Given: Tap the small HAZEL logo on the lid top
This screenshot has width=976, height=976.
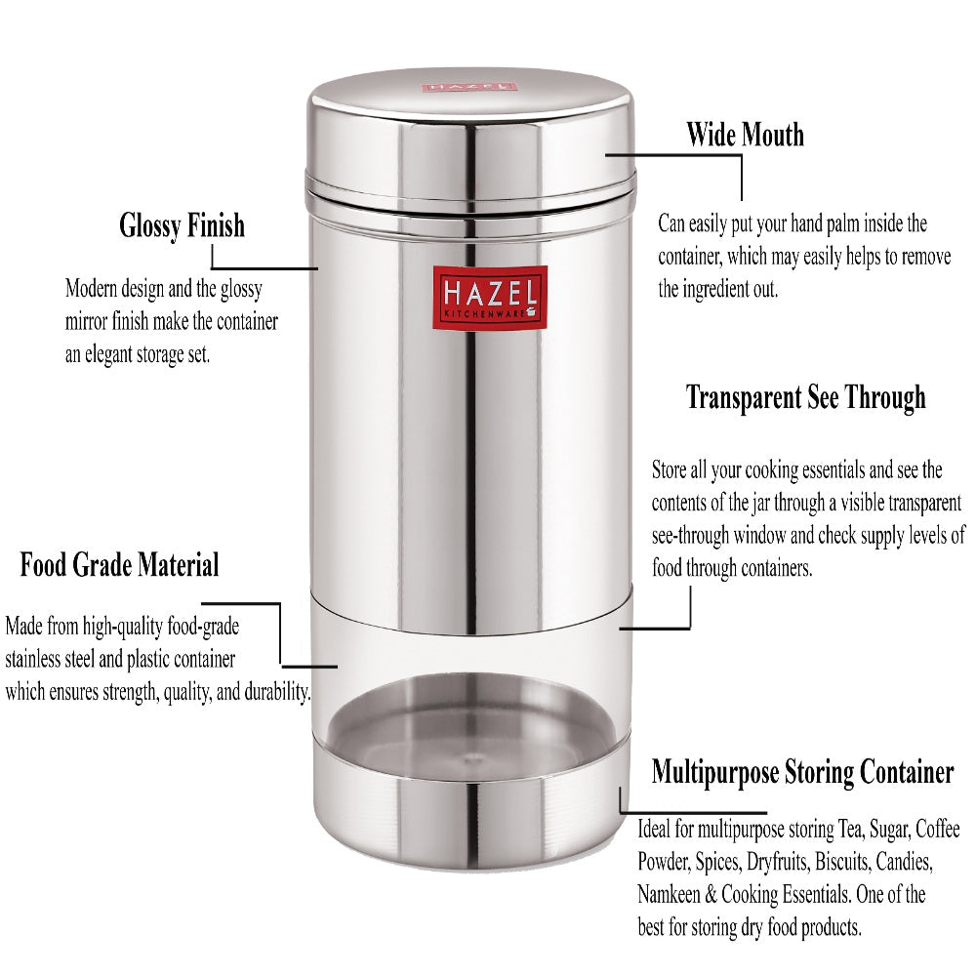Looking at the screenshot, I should (x=469, y=86).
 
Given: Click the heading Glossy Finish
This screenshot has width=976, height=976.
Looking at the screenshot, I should (x=182, y=226).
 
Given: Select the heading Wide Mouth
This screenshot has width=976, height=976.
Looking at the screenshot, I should (x=745, y=134).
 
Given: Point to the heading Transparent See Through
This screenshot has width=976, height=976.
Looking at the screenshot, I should (x=805, y=397).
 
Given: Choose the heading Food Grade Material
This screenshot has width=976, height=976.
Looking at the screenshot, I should (x=119, y=564).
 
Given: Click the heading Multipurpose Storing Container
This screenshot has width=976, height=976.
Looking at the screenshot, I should (x=802, y=773).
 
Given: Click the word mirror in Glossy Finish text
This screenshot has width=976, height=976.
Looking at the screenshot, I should (x=89, y=321).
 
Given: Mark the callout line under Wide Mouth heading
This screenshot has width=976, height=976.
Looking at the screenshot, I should (x=742, y=176).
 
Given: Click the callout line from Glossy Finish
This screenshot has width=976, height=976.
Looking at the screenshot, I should (x=264, y=267).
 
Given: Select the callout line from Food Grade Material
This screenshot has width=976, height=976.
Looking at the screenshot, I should (x=280, y=634).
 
